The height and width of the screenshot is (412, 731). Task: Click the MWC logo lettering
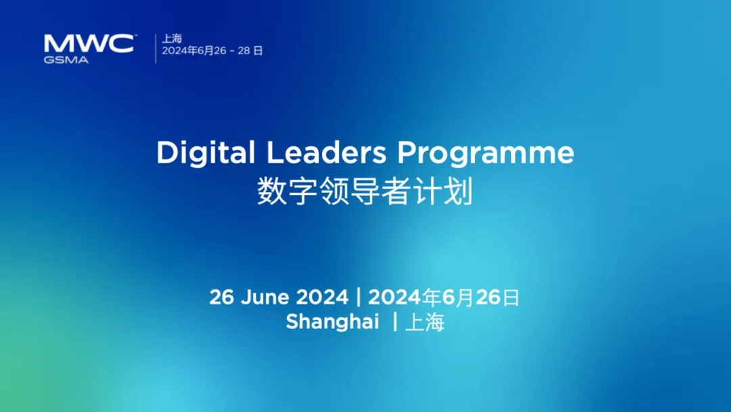coord(89,43)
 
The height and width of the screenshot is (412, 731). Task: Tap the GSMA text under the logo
coord(66,60)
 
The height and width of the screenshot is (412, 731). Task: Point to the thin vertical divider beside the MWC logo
coord(156,48)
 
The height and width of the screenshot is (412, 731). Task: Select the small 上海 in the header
coord(171,38)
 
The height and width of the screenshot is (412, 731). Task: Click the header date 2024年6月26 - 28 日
coord(212,50)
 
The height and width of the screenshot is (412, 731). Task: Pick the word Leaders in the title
coord(326,152)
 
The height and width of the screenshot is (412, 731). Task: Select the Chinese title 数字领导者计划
coord(365,191)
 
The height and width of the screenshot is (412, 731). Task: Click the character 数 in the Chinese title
coord(272,191)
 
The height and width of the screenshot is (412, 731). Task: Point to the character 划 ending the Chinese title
coord(459,191)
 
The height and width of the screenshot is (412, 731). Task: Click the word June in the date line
coord(265,297)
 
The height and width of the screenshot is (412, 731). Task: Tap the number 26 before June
coord(221,297)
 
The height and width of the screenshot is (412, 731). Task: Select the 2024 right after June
coord(322,297)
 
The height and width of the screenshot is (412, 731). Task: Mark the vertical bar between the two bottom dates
coord(359,297)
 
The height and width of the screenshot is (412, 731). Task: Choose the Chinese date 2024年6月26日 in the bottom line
coord(443,297)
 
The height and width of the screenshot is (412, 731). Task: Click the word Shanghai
coord(332,322)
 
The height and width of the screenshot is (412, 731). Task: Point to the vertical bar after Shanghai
coord(395,321)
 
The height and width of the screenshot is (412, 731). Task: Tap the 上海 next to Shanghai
coord(424,322)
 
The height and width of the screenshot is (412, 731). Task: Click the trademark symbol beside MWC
coord(135,35)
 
